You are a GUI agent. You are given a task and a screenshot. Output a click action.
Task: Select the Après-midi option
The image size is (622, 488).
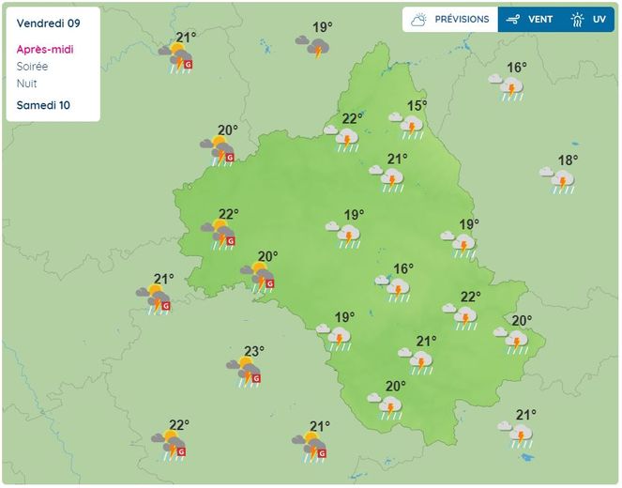click(x=45, y=50)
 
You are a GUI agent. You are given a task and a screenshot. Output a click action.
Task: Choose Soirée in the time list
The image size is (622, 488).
click(x=33, y=67)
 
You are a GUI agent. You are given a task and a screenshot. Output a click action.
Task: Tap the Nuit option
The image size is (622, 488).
click(x=27, y=84)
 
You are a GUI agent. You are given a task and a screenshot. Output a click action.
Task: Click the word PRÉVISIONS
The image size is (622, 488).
click(x=462, y=19)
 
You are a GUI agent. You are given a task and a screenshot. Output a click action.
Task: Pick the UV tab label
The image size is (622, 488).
click(x=599, y=19)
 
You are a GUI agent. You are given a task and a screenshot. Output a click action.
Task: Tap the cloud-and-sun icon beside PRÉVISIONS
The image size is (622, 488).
click(x=418, y=19)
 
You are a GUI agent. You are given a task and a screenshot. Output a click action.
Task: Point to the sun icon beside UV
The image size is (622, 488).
click(x=578, y=19)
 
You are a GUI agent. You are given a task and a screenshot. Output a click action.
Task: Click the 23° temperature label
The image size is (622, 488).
click(x=253, y=351)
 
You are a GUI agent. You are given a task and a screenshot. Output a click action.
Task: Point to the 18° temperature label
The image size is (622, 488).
click(x=568, y=160)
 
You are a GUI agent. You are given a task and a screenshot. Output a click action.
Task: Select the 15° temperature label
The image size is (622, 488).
click(x=417, y=106)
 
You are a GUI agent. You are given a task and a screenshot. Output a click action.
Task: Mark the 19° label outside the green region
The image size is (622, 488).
click(x=323, y=27)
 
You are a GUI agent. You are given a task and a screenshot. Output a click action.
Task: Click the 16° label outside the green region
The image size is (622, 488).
click(x=517, y=68)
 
